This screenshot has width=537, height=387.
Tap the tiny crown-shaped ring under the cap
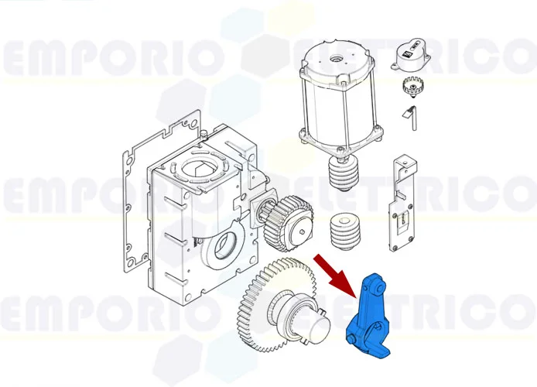(x=412, y=86)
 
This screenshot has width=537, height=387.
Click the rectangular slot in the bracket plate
(x=400, y=225)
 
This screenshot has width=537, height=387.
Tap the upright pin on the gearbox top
(x=201, y=140)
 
